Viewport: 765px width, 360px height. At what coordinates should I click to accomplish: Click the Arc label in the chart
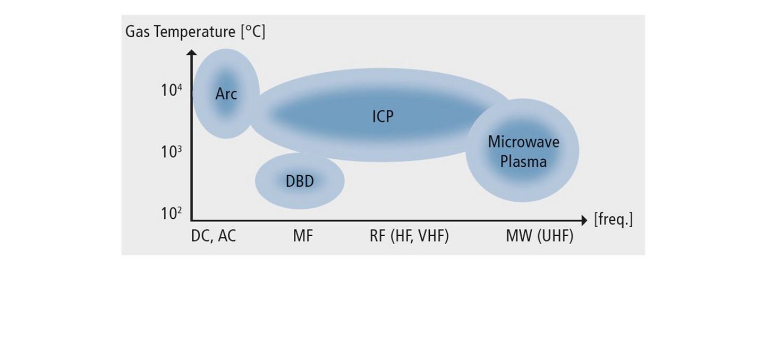pyautogui.click(x=226, y=94)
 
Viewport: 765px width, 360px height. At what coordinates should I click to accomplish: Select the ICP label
pyautogui.click(x=383, y=117)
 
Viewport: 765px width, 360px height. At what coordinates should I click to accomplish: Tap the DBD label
pyautogui.click(x=300, y=181)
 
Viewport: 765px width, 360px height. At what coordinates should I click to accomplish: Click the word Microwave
pyautogui.click(x=524, y=142)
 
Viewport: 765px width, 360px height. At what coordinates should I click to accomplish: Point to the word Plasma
pyautogui.click(x=524, y=161)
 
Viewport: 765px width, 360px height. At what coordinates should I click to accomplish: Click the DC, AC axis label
pyautogui.click(x=214, y=236)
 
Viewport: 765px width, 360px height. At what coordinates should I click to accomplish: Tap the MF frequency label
pyautogui.click(x=303, y=236)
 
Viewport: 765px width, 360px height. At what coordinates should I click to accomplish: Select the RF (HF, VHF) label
pyautogui.click(x=409, y=236)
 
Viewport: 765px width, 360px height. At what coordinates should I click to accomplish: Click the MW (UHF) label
pyautogui.click(x=540, y=236)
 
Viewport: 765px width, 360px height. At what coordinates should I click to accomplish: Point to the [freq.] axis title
pyautogui.click(x=614, y=219)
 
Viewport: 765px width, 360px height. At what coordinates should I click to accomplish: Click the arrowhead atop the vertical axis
pyautogui.click(x=192, y=52)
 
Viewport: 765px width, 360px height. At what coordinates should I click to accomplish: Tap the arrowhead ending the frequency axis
pyautogui.click(x=584, y=220)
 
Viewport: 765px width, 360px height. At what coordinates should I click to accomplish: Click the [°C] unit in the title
pyautogui.click(x=253, y=32)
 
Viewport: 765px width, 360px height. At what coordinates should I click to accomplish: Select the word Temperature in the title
pyautogui.click(x=194, y=32)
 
